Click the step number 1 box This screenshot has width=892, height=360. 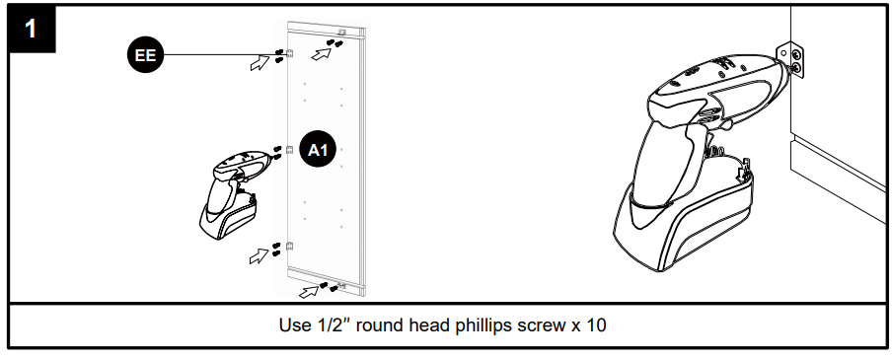tap(32, 29)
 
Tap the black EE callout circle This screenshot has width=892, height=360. tap(145, 55)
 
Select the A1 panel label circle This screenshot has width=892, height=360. tap(318, 150)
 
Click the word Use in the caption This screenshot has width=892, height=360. tap(292, 325)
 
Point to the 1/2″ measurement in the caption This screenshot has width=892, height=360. tap(331, 325)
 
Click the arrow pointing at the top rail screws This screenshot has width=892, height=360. tap(322, 54)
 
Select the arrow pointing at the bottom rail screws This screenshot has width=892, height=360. tap(309, 292)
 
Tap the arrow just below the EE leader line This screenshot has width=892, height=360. tap(260, 63)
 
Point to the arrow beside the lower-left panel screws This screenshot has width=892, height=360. tap(259, 256)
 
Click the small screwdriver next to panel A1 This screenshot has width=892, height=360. tap(237, 193)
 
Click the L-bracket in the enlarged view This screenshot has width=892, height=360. tap(793, 60)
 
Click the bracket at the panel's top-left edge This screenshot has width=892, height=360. tap(289, 53)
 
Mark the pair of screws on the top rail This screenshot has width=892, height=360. tap(334, 42)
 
